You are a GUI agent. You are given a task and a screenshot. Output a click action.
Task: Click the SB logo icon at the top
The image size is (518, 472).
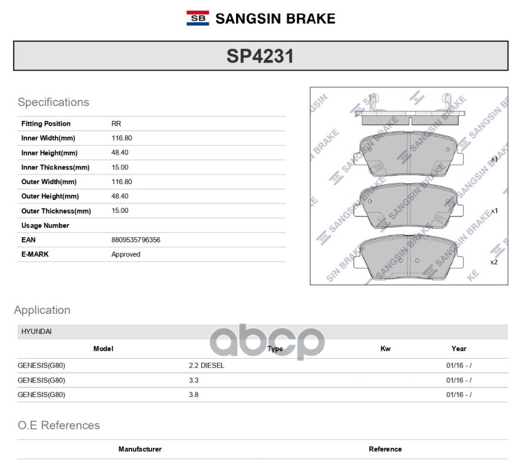click(x=198, y=18)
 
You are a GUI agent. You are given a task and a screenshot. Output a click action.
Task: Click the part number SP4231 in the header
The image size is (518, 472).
click(x=260, y=56)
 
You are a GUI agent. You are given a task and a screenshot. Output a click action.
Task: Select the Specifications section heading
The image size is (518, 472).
click(x=53, y=102)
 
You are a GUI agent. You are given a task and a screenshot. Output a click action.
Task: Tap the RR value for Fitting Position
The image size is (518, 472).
click(x=116, y=124)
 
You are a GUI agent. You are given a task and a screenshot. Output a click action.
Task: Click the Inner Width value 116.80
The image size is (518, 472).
click(x=122, y=138)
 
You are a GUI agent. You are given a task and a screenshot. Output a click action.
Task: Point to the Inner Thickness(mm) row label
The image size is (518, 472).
click(x=55, y=168)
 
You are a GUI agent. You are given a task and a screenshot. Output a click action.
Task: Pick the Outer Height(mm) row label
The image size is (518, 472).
click(x=50, y=196)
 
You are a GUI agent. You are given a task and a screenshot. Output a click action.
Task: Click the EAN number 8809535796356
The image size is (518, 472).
click(x=136, y=240)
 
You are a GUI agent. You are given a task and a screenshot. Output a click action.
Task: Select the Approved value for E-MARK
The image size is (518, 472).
click(x=126, y=254)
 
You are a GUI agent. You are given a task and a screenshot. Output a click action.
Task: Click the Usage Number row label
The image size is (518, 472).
click(x=45, y=225)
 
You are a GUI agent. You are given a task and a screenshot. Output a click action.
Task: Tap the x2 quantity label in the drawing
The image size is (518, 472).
click(x=494, y=261)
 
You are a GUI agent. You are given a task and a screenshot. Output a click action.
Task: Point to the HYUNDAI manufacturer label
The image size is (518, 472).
click(x=37, y=332)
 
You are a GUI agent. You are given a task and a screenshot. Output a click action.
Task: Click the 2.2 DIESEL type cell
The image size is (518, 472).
click(x=206, y=366)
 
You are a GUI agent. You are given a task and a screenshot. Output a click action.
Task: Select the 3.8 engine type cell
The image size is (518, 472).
click(x=194, y=395)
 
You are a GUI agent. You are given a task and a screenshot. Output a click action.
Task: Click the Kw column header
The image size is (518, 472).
click(x=385, y=349)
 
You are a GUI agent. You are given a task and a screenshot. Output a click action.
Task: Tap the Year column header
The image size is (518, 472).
click(x=458, y=349)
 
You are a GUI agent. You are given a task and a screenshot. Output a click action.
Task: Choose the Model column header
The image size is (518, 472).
click(x=103, y=349)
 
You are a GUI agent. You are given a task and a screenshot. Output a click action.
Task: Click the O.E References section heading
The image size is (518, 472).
click(x=58, y=425)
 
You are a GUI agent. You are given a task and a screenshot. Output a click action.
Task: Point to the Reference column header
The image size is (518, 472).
click(x=385, y=449)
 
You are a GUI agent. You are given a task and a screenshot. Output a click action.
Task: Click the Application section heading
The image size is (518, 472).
click(x=42, y=310)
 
